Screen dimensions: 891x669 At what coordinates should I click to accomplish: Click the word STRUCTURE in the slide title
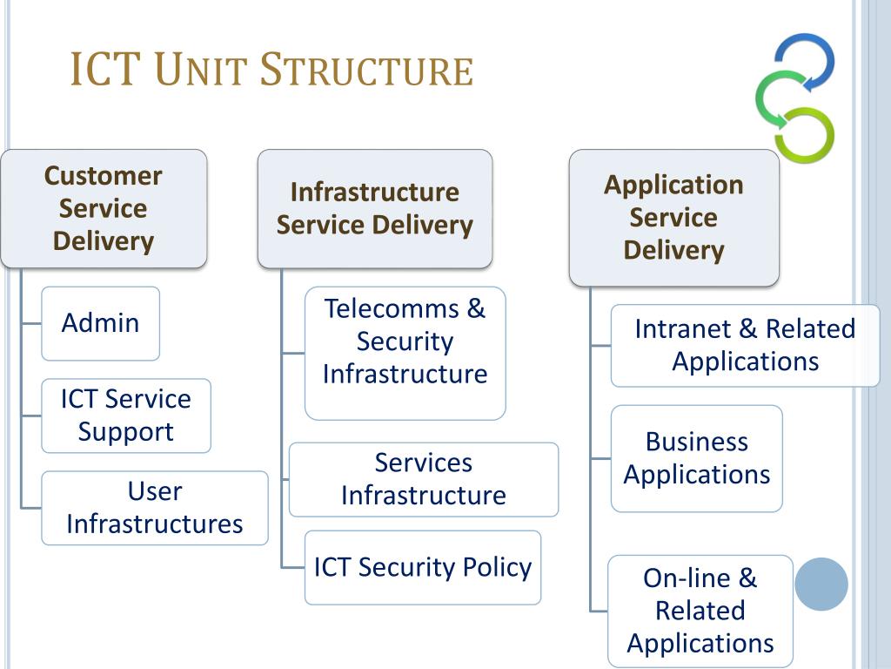(366, 70)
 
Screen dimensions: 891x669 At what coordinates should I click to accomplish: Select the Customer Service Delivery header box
(104, 209)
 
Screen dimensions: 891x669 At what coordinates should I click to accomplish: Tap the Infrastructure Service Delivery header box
(375, 209)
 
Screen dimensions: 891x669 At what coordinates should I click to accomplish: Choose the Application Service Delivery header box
(674, 218)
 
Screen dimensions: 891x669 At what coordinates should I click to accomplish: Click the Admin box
(101, 323)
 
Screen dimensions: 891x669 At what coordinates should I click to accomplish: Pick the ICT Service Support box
(126, 416)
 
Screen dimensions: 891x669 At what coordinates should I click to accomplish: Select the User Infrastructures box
(155, 508)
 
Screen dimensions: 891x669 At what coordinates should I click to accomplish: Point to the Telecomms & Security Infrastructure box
(405, 354)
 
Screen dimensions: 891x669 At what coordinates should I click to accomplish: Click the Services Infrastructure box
(424, 480)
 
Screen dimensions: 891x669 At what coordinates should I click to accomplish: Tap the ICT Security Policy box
(423, 568)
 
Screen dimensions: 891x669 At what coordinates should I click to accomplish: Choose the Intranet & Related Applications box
(745, 346)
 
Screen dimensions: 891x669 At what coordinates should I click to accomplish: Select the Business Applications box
(697, 458)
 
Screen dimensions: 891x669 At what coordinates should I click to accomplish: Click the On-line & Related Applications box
(700, 611)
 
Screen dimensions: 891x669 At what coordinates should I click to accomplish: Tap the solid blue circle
(821, 585)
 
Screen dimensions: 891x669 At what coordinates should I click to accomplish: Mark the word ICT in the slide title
(105, 70)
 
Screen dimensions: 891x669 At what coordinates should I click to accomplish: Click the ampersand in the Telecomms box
(476, 309)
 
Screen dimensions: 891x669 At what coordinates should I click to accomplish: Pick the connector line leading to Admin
(31, 324)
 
